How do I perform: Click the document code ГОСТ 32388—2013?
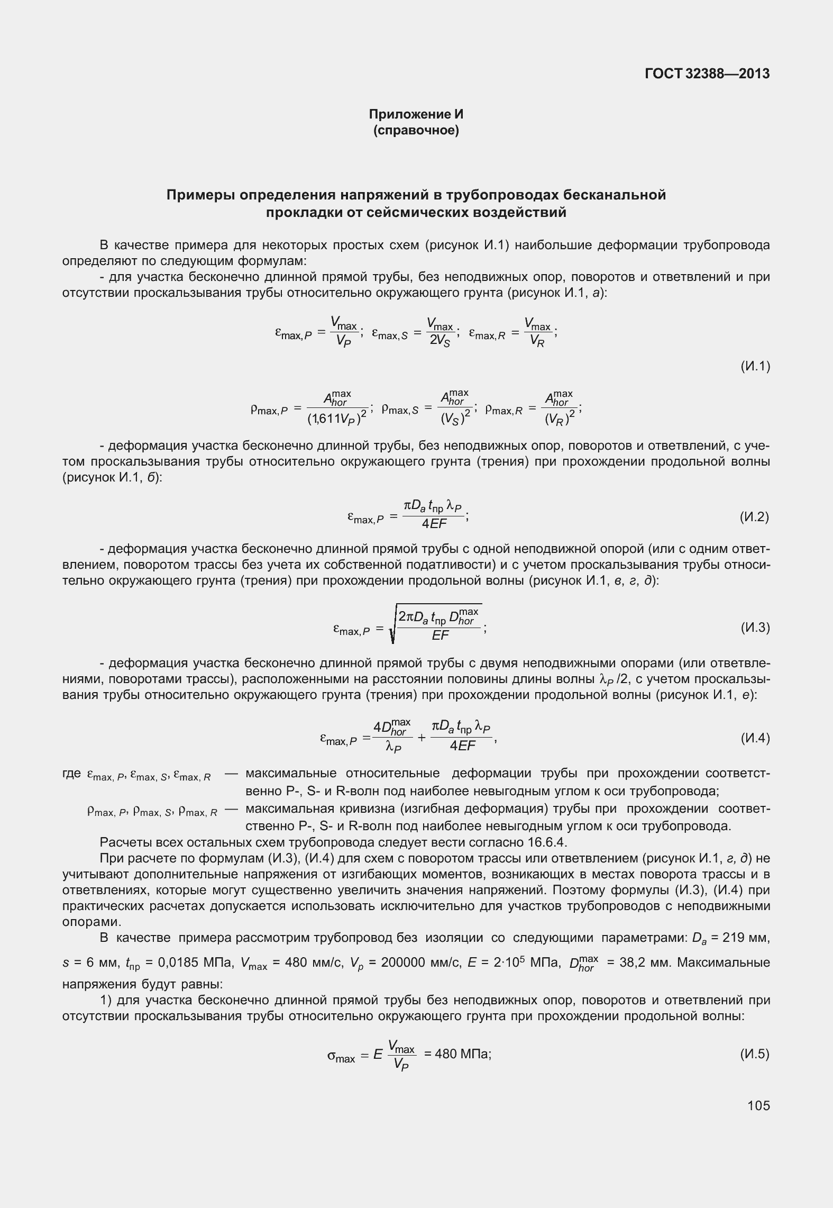click(707, 74)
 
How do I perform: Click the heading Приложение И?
click(416, 114)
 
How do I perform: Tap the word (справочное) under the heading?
click(416, 130)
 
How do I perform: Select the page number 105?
click(759, 1105)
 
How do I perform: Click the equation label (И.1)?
click(755, 366)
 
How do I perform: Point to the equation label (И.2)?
click(755, 517)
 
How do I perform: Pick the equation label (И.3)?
click(755, 628)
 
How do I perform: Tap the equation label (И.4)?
click(755, 738)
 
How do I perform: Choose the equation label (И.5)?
click(755, 1053)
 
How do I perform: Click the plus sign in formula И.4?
click(422, 738)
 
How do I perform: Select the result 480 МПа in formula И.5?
click(462, 1053)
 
